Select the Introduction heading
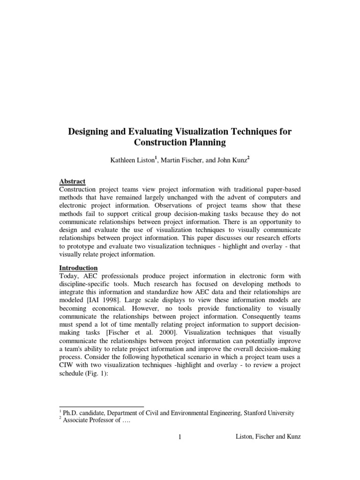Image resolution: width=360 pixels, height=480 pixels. pos(78,268)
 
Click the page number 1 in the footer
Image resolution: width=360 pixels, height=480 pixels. pos(180,437)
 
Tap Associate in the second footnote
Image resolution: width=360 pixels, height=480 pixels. pos(77,420)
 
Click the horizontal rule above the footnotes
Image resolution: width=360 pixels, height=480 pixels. pos(101,407)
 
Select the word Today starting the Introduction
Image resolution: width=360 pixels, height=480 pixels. pos(69,276)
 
